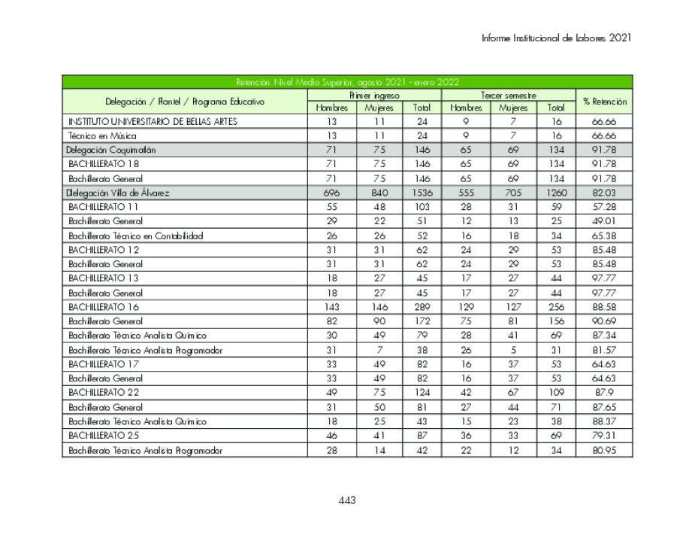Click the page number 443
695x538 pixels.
tap(346, 500)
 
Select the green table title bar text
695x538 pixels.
tap(347, 82)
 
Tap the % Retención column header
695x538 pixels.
tap(604, 102)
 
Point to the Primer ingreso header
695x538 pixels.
tap(374, 96)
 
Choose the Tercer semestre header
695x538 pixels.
tap(509, 96)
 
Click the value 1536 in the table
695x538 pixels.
tap(422, 193)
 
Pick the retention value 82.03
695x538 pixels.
tap(604, 193)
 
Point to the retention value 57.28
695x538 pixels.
tap(604, 207)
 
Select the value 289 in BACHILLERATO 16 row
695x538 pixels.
tap(422, 307)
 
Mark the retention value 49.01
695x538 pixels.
tap(604, 221)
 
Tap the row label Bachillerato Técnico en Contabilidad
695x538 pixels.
tap(135, 236)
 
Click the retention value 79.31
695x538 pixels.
tap(604, 436)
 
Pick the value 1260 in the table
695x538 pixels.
tap(556, 193)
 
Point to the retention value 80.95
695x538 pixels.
tap(604, 450)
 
